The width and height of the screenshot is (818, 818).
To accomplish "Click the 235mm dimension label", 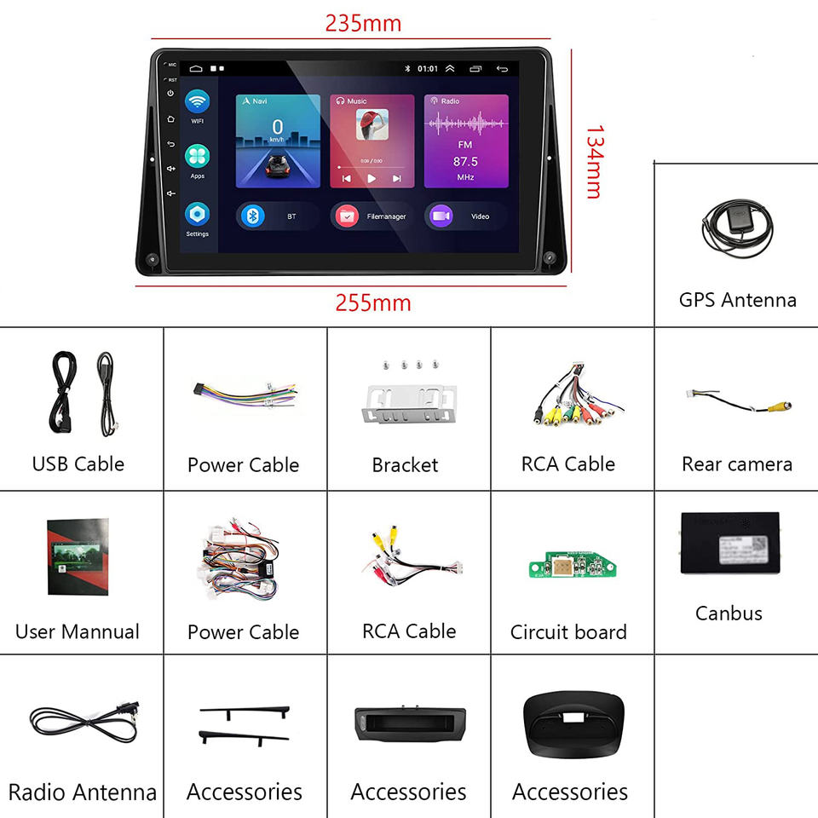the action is (362, 23).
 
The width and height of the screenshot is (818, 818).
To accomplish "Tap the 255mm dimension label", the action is (372, 302).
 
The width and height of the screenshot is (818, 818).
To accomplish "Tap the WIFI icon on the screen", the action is (197, 102).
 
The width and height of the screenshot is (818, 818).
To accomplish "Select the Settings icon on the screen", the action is (197, 214).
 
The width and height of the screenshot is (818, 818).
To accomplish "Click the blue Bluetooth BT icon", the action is (251, 216).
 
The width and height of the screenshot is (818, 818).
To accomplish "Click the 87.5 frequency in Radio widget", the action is (465, 161).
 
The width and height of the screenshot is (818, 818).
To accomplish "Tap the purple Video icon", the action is (440, 216).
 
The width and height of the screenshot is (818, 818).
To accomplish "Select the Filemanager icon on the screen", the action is (347, 216).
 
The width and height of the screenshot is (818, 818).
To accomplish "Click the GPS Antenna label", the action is (737, 300).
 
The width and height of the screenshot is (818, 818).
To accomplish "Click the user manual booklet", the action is (78, 556).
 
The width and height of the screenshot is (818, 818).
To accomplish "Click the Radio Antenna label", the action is (82, 792).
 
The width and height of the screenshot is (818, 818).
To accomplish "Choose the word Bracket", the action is (405, 465).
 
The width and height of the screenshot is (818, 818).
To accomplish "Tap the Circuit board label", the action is (568, 632).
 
